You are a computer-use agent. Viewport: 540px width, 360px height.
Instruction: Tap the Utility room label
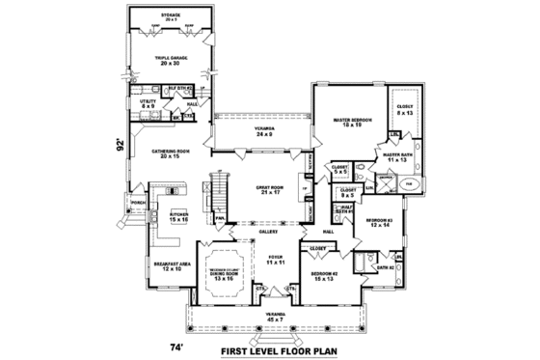pyautogui.click(x=148, y=102)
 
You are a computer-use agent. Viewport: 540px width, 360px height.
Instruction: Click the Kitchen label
pyautogui.click(x=178, y=217)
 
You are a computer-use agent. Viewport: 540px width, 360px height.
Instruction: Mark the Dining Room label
pyautogui.click(x=229, y=276)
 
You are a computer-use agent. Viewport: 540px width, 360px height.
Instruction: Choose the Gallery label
pyautogui.click(x=269, y=232)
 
